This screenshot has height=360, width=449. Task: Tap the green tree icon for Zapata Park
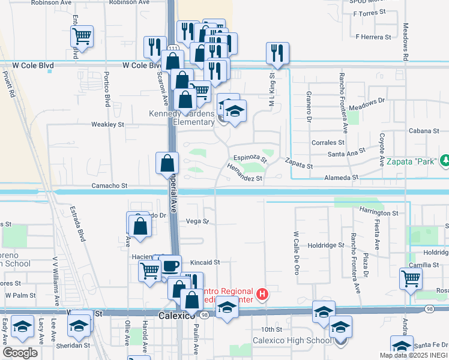pyautogui.click(x=445, y=160)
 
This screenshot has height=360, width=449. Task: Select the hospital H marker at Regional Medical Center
pyautogui.click(x=262, y=294)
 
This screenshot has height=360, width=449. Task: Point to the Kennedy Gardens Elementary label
pyautogui.click(x=182, y=118)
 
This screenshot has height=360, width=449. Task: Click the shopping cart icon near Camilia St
pyautogui.click(x=411, y=277)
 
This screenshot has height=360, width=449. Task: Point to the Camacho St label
pyautogui.click(x=109, y=187)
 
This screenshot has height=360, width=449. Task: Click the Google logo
pyautogui.click(x=20, y=352)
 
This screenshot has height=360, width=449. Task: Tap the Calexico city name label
pyautogui.click(x=174, y=314)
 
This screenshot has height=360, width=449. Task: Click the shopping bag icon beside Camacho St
pyautogui.click(x=167, y=163)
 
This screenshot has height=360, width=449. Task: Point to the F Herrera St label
pyautogui.click(x=373, y=37)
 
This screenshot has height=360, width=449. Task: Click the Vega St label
pyautogui.click(x=197, y=221)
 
